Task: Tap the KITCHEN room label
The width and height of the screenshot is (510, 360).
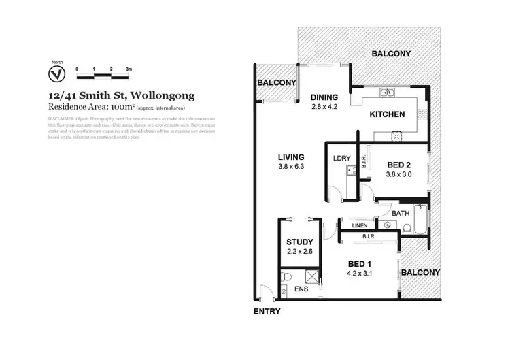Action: pos(387,114)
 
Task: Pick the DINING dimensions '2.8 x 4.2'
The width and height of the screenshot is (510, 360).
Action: pos(324,107)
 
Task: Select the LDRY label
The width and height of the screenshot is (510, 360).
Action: pos(341,159)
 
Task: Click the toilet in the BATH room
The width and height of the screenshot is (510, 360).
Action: pos(388,225)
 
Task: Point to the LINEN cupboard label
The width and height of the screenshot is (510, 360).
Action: pos(360,225)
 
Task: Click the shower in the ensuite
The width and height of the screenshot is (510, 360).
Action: pos(311,277)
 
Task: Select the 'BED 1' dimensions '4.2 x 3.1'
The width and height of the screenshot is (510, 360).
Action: pos(360,274)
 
